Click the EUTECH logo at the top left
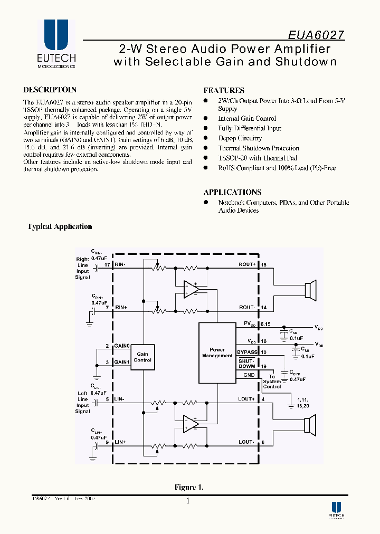56,44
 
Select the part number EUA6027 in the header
316,35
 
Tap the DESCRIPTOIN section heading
50,90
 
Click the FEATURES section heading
224,90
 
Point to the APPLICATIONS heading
232,192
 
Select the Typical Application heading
60,226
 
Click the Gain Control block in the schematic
142,357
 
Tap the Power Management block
217,352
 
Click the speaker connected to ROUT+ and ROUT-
310,290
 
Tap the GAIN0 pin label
122,346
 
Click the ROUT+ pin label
247,264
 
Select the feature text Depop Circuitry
240,138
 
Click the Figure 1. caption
189,487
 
